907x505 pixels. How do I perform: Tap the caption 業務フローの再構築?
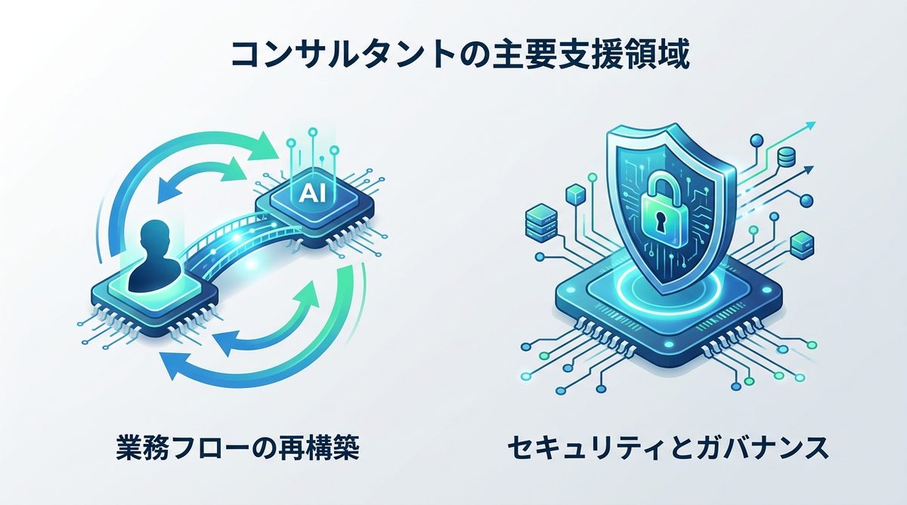click(x=238, y=447)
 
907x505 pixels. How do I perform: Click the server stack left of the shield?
click(x=540, y=223)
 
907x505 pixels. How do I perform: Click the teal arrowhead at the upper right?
click(x=809, y=127)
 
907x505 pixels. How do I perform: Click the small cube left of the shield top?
click(x=576, y=194)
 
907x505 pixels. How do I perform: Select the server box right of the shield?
click(x=802, y=245)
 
